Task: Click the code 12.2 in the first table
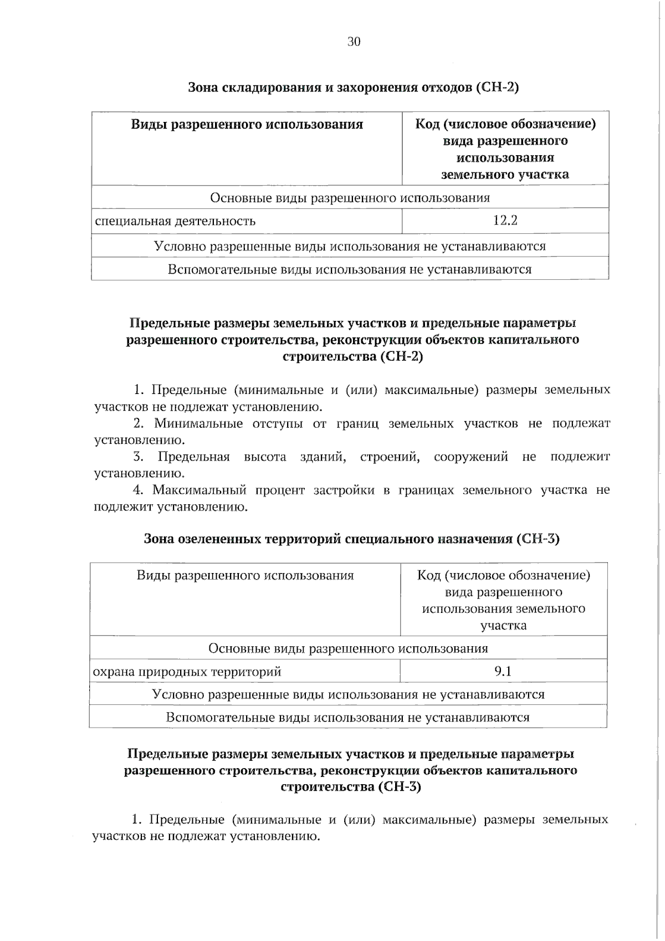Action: coord(505,221)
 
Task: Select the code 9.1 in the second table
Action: coord(503,671)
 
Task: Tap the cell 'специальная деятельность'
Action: coord(175,221)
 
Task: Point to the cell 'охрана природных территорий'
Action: coord(187,672)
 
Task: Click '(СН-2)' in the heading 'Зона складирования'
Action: coord(497,88)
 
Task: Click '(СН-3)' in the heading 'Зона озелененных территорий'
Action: coord(538,539)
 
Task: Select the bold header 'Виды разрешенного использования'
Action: coord(247,124)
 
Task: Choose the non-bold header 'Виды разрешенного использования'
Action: coord(245,575)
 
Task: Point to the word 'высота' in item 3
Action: coord(265,457)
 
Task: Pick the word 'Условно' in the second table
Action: coord(174,694)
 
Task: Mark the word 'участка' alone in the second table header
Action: coord(503,625)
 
